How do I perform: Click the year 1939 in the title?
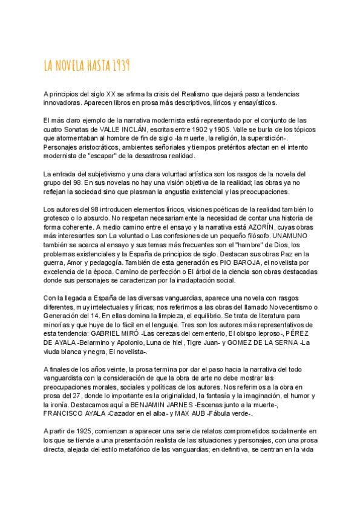click(120, 65)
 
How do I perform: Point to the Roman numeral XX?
click(111, 95)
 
